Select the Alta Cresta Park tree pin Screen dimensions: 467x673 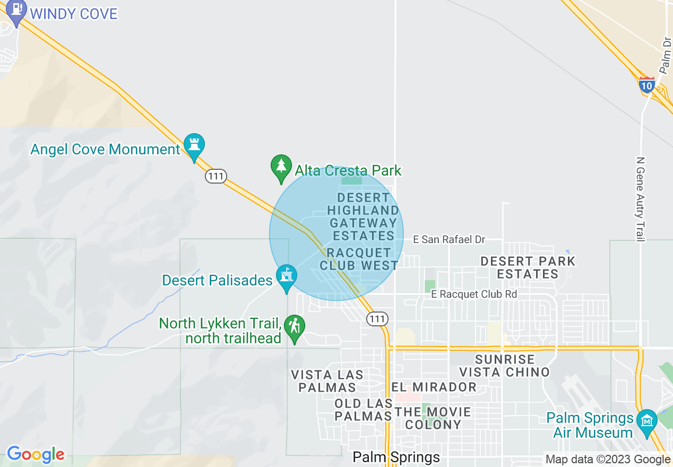pos(281,167)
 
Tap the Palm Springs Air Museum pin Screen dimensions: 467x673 pos(647,422)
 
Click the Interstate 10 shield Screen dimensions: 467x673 pos(646,85)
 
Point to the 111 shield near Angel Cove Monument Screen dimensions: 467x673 pos(216,176)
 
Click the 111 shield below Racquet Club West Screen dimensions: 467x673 pos(377,318)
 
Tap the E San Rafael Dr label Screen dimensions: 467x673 pos(449,240)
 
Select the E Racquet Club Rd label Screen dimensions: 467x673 pos(474,294)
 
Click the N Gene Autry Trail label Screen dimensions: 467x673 pos(640,200)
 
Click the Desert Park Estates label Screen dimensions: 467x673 pos(528,267)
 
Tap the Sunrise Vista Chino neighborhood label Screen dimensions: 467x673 pos(504,366)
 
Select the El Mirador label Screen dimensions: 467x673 pos(434,387)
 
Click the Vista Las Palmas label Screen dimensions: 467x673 pos(327,381)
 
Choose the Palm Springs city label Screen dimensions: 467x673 pos(396,457)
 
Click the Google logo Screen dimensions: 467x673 pos(36,454)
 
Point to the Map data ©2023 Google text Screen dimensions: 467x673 pos(608,460)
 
